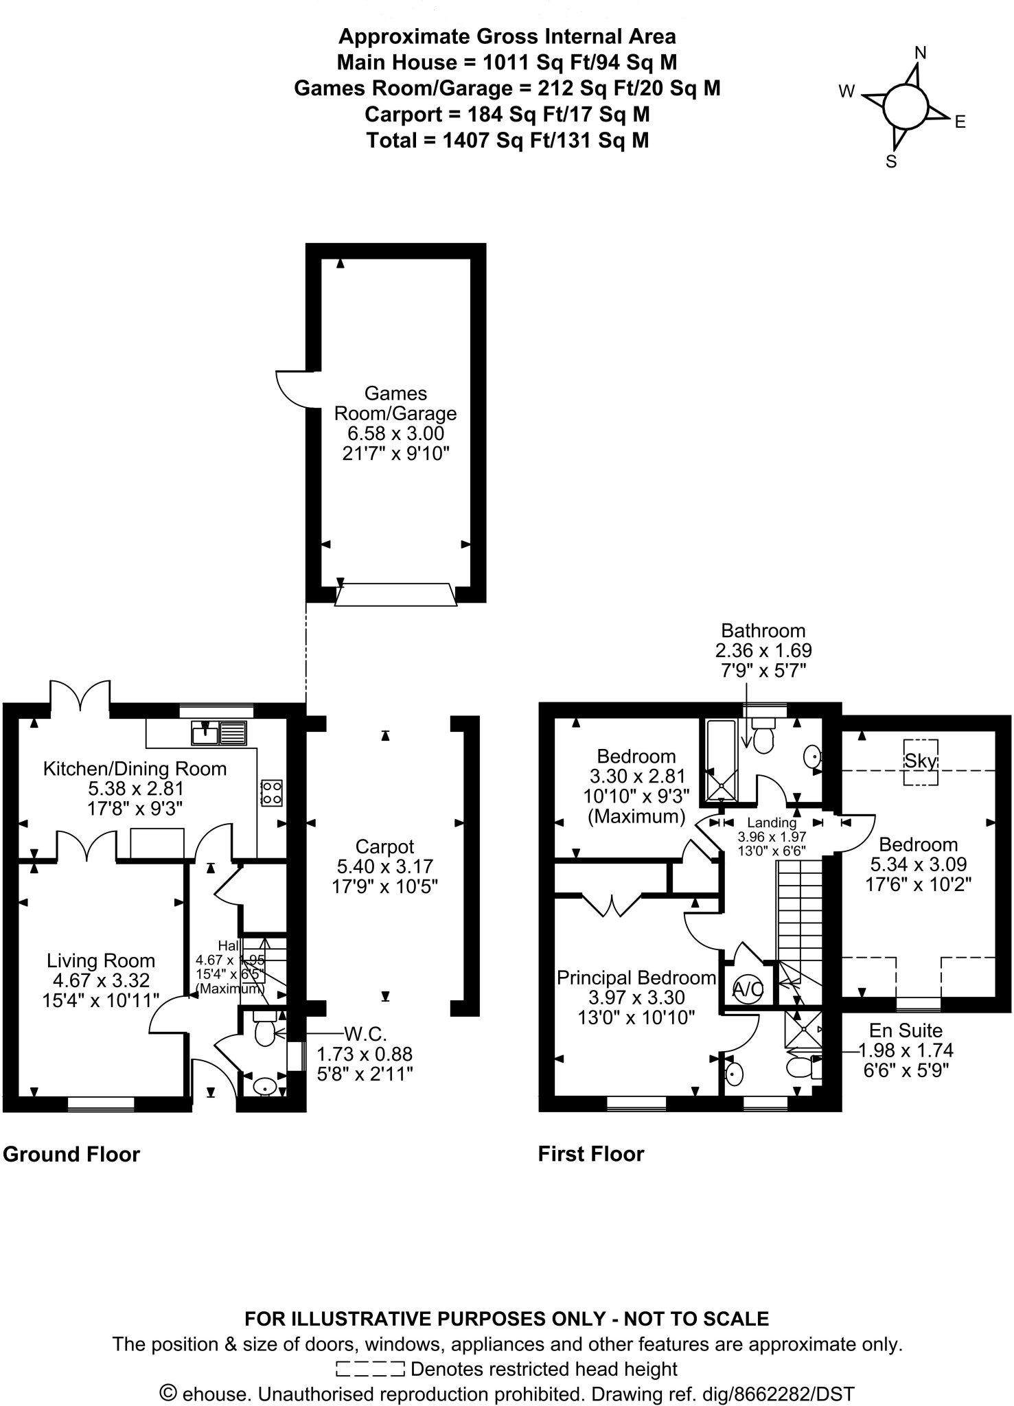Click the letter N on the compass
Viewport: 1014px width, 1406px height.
tap(921, 53)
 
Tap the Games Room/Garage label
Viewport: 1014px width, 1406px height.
tap(395, 403)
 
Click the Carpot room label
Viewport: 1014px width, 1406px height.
tap(384, 846)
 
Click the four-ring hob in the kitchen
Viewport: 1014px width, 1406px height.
tap(271, 792)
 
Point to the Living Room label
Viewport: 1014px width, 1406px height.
tap(101, 960)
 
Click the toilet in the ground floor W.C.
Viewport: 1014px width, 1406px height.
tap(265, 1030)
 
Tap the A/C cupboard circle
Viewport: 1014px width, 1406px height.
tap(747, 989)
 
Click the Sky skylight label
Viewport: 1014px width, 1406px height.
tap(921, 761)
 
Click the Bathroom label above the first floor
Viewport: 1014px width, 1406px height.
tap(763, 630)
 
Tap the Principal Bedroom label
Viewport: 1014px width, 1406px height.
tap(636, 978)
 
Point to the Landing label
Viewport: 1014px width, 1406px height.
tap(772, 822)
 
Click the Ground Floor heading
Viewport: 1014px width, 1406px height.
tap(71, 1154)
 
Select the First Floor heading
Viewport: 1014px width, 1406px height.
tap(591, 1154)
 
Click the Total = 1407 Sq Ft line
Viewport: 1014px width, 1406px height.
tap(507, 141)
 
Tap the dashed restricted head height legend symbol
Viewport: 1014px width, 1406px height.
tap(371, 1370)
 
